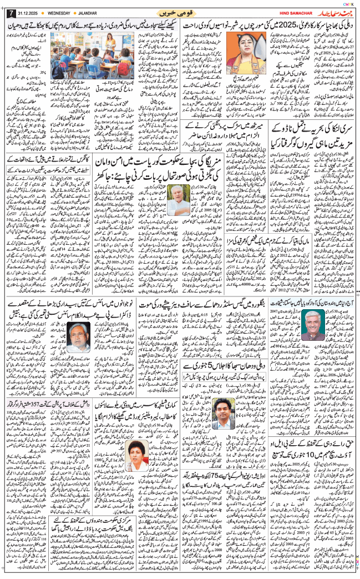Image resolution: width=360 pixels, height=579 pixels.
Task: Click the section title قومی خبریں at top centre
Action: point(180,12)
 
